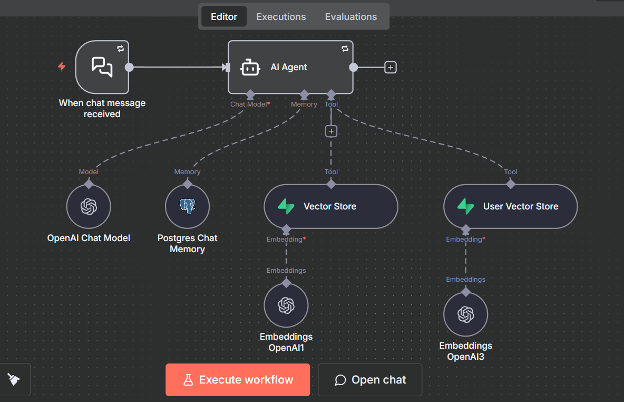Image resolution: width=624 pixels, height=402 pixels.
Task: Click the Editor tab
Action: [224, 17]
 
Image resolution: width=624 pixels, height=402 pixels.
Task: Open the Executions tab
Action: [281, 17]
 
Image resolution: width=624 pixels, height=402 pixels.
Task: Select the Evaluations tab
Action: [350, 17]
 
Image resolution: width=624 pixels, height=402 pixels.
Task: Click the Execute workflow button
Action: [238, 380]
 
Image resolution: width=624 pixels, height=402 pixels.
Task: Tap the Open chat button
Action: [370, 380]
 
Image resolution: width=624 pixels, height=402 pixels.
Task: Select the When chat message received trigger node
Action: [102, 68]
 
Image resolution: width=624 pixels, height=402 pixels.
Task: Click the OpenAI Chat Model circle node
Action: [89, 207]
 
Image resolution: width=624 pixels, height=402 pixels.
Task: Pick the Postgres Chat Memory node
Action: [187, 207]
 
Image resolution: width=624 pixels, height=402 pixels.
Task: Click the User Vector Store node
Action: [510, 207]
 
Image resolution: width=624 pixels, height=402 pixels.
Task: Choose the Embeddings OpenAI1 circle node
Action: [286, 305]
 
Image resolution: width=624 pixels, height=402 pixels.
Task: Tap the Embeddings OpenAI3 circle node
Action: [465, 314]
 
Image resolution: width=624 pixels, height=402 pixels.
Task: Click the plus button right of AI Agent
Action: [390, 68]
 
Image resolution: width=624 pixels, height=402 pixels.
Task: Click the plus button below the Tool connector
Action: [331, 131]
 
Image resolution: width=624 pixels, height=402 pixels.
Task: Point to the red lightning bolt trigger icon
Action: [62, 67]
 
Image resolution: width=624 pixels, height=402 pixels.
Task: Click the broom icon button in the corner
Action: [14, 379]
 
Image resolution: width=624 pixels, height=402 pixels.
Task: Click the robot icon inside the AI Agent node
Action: [250, 68]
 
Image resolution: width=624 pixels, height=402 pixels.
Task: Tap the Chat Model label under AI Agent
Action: [249, 104]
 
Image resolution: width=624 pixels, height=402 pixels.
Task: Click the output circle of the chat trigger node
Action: [129, 68]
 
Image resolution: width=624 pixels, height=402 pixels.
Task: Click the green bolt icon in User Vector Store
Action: [465, 206]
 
